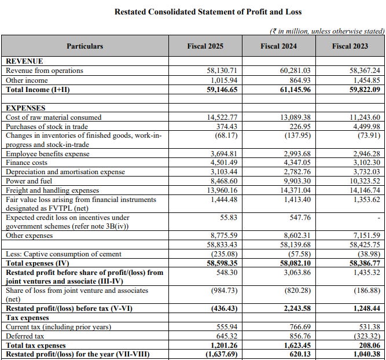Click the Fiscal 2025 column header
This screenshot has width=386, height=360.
point(205,46)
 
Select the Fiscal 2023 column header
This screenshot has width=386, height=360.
point(349,46)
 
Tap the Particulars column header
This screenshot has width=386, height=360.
point(84,46)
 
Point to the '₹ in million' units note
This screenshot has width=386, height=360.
point(326,31)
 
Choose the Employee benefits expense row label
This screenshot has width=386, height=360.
point(47,153)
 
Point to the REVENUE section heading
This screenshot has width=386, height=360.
point(24,61)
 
